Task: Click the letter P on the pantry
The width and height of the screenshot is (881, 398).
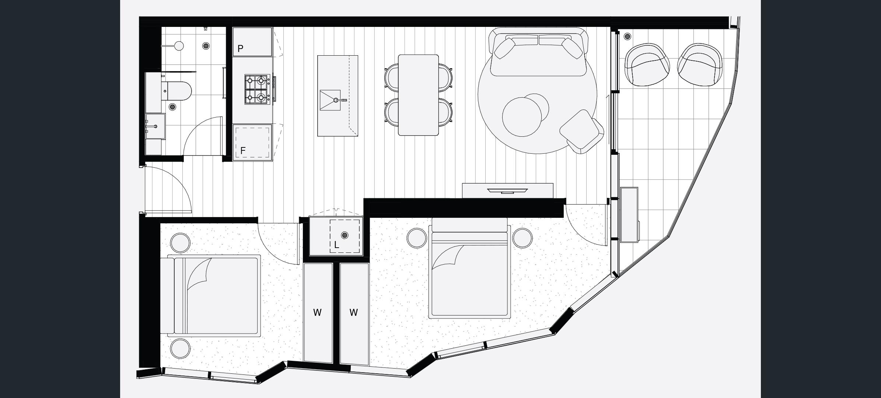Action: (x=240, y=49)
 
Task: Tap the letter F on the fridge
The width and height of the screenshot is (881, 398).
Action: (x=243, y=151)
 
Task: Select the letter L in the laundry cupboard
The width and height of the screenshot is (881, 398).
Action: (x=336, y=245)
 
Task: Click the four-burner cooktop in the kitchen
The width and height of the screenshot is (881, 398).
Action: (x=257, y=89)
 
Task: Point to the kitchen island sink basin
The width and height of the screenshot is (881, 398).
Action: (x=330, y=100)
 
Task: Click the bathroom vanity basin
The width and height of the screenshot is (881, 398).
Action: (x=155, y=126)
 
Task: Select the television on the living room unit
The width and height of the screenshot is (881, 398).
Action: (x=507, y=191)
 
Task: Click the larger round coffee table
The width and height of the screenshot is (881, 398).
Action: (x=522, y=117)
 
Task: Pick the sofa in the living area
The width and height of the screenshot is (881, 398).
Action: (x=538, y=52)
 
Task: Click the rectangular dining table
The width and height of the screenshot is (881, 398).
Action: (x=418, y=95)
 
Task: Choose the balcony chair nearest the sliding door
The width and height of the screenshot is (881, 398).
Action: (x=647, y=65)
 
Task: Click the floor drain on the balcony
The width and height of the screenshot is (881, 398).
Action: (x=627, y=36)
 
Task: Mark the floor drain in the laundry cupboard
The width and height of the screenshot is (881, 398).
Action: (x=345, y=235)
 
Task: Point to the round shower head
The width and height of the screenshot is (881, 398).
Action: (x=179, y=46)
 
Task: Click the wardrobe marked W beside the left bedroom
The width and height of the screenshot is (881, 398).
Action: (x=318, y=313)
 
